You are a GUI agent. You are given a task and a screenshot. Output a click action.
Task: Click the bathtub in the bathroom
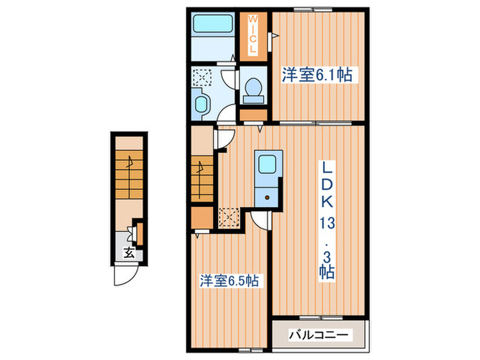point(213,25)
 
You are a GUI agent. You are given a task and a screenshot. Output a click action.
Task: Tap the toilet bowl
point(253,87)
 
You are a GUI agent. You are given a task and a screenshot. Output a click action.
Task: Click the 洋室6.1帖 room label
point(316,75)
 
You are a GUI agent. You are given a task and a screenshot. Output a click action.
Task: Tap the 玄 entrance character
point(128,252)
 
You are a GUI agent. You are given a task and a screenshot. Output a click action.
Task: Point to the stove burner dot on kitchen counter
point(267,195)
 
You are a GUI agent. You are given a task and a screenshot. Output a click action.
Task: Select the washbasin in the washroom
point(204,104)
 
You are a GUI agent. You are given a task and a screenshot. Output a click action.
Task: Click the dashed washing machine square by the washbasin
point(204,77)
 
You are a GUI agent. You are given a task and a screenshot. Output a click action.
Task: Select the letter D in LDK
point(326,184)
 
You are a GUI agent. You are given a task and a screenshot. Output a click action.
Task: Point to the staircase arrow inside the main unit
point(200,167)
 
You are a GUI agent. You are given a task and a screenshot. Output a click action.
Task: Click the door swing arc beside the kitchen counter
point(259,219)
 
